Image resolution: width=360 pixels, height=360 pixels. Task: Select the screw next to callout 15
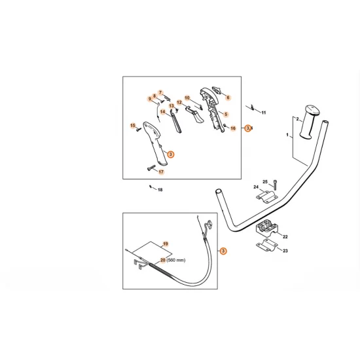[x=139, y=130]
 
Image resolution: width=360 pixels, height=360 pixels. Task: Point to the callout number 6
[x=228, y=98]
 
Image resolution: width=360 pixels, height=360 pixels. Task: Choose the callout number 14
[x=162, y=111]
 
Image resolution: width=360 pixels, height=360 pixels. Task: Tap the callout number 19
[x=166, y=244]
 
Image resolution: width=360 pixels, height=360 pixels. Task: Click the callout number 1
[x=287, y=135]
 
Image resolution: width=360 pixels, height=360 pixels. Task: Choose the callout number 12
[x=179, y=103]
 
